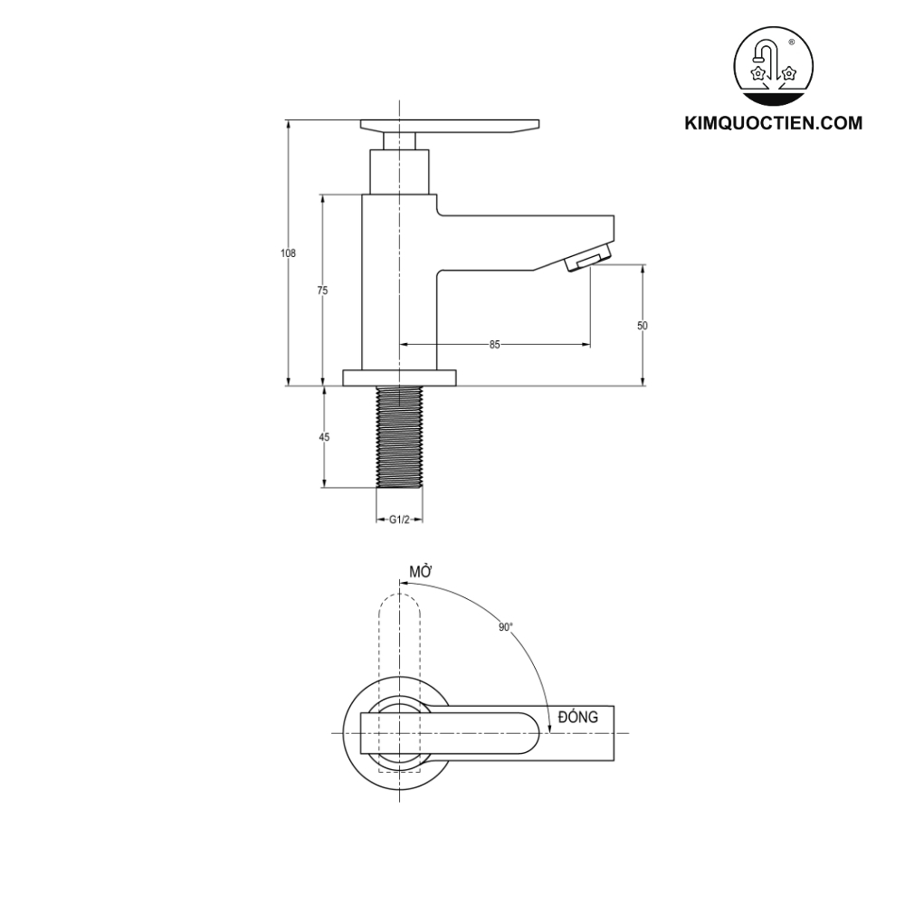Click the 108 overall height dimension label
coord(288,253)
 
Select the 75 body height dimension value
coord(322,291)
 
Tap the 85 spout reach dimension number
coord(494,345)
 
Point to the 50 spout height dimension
coord(643,325)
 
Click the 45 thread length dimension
coord(324,437)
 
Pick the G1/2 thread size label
coord(399,519)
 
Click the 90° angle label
coord(505,626)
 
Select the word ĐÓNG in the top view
coord(578,716)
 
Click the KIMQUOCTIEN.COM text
coord(773,123)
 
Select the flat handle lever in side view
coord(450,126)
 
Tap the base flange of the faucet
coord(399,377)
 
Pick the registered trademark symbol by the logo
coord(792,43)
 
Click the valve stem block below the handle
coord(399,172)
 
